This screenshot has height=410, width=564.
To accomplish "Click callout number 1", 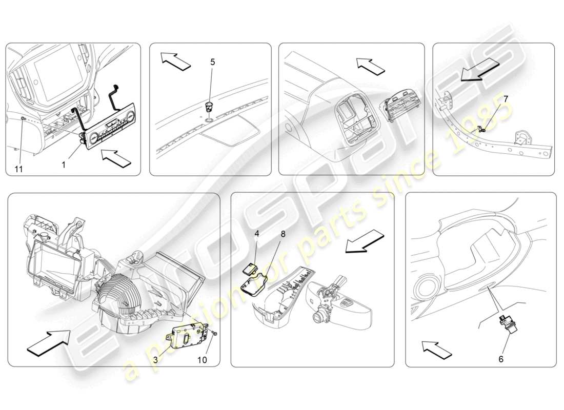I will (64, 166).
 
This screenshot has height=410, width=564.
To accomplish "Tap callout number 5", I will (213, 62).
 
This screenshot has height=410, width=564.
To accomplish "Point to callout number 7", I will (506, 98).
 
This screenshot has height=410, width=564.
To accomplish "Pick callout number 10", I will (202, 360).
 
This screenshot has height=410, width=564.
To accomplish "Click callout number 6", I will (501, 359).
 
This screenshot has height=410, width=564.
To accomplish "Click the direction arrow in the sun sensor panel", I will (174, 59).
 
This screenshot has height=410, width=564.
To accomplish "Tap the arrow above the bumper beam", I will (478, 70).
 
